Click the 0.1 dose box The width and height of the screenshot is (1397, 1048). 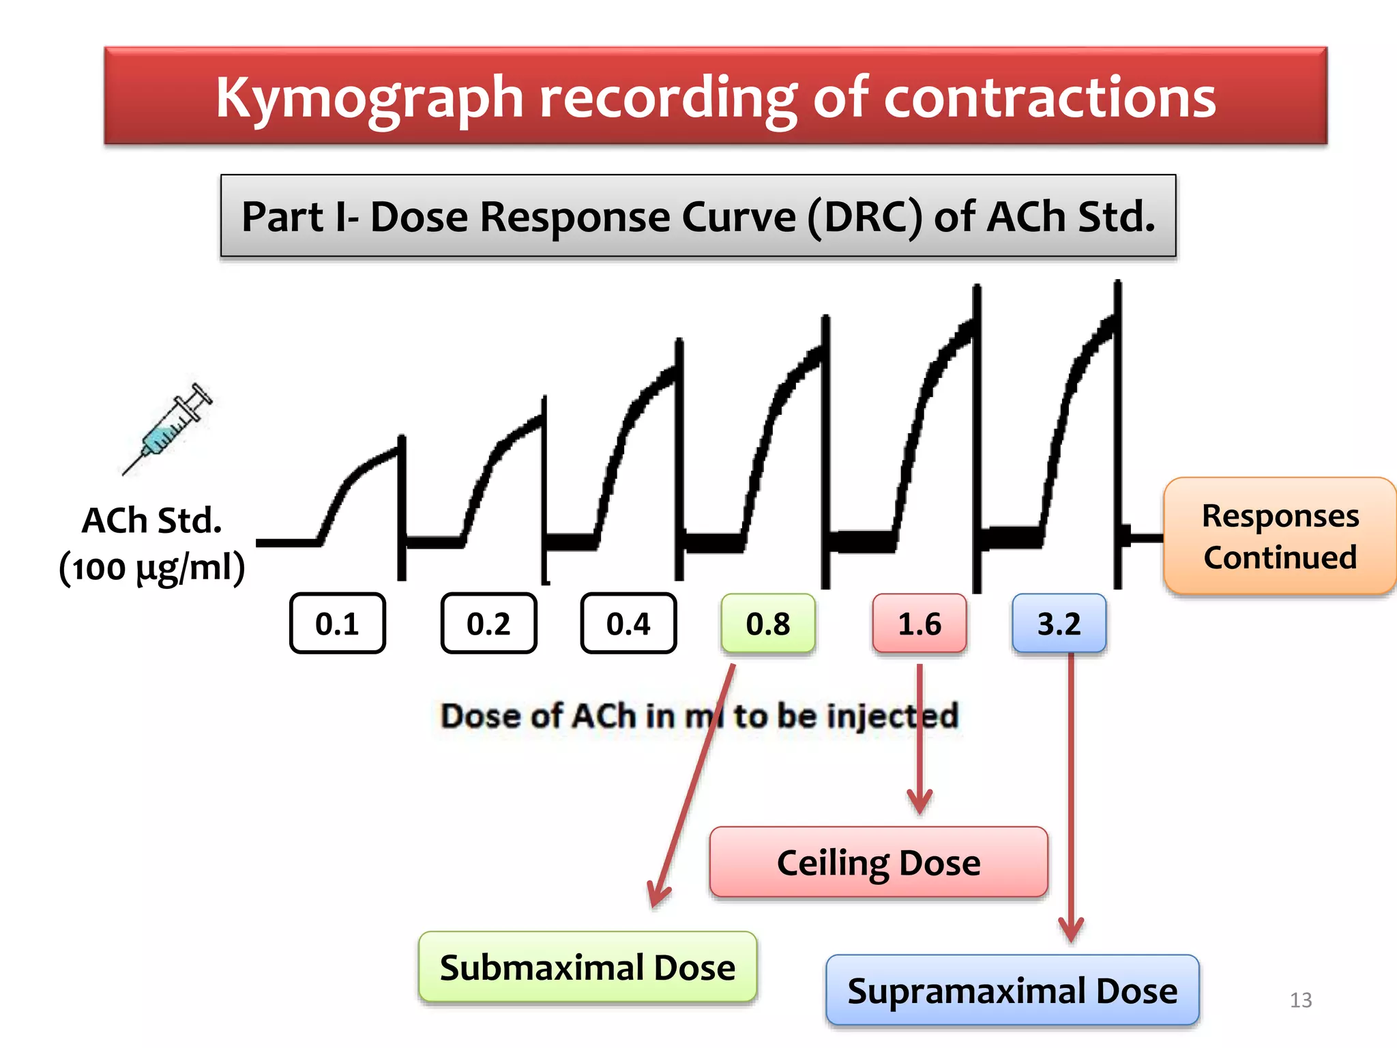[338, 624]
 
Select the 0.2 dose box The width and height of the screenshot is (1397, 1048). [488, 624]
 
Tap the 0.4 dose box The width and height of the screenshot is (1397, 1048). [628, 624]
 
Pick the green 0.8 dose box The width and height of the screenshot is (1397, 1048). [768, 624]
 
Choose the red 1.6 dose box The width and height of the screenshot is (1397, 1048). [920, 624]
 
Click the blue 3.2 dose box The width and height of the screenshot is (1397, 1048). [1059, 624]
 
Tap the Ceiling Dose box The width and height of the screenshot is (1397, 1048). [879, 862]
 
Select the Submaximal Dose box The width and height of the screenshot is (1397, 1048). [587, 967]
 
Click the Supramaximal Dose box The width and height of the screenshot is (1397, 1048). [1012, 991]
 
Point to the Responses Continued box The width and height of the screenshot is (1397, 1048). [1280, 536]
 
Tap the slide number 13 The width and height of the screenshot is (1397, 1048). [1301, 1000]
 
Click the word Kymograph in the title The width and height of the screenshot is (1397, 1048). [369, 98]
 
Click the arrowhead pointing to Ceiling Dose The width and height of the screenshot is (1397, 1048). [920, 801]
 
